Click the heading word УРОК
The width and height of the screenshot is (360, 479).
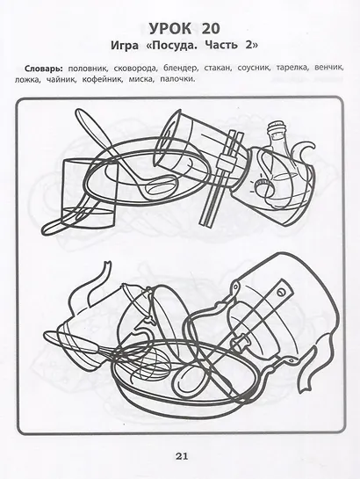(170, 29)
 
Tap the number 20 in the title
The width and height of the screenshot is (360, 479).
(210, 29)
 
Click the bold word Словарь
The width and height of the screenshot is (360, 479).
(44, 69)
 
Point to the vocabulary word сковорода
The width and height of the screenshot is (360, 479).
(134, 69)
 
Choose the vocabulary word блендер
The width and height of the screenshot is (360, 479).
(180, 69)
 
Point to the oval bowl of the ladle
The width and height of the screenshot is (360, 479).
(161, 187)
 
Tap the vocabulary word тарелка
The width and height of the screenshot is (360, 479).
(292, 68)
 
